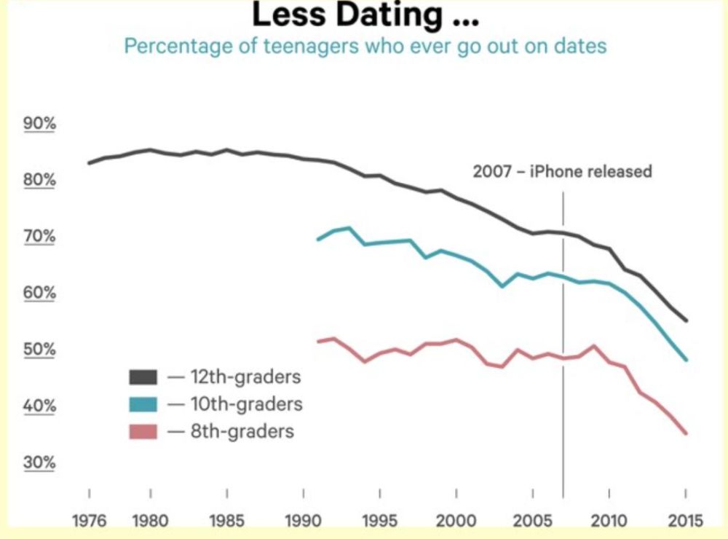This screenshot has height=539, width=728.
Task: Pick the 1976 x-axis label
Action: pos(90,521)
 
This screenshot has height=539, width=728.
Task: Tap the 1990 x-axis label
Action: pos(303,521)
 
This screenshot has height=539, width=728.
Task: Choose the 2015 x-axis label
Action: pos(686,521)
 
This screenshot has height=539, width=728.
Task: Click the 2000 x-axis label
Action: pos(456,521)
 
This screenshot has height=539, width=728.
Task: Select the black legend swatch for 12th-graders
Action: pos(143,377)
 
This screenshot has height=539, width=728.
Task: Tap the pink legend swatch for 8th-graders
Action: pos(143,431)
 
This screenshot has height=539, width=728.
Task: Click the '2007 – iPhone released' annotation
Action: pos(562,172)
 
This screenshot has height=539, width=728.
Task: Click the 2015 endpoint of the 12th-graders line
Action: pos(686,320)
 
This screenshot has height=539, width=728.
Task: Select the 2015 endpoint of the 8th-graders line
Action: pos(686,433)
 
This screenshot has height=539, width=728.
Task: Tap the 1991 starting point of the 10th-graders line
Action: pos(318,239)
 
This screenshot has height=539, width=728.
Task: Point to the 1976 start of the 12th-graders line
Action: pos(89,162)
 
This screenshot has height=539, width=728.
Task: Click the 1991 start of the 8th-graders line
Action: pos(318,341)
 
